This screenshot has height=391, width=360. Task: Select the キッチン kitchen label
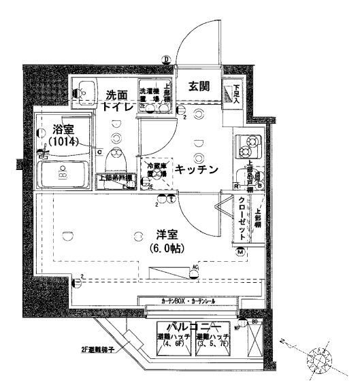[197, 170]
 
